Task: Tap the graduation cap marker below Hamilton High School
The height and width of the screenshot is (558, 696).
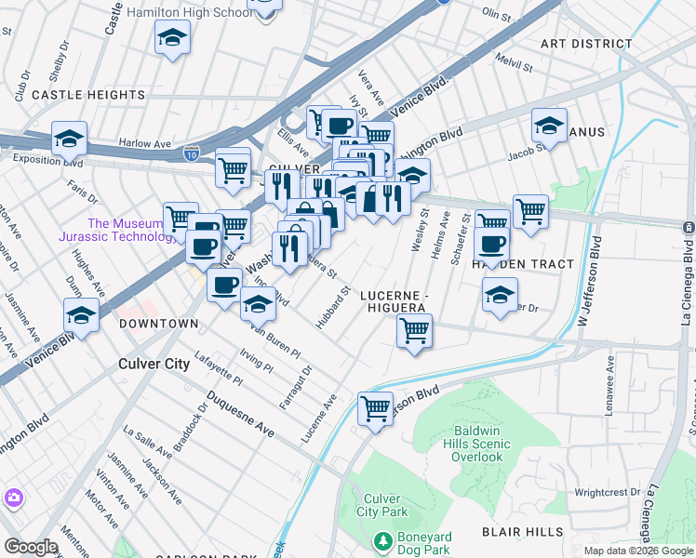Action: [x=172, y=39]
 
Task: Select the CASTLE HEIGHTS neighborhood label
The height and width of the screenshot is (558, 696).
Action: [x=88, y=95]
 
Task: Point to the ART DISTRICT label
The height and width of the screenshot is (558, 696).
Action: [x=586, y=44]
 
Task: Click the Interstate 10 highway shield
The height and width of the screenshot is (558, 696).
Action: [x=192, y=149]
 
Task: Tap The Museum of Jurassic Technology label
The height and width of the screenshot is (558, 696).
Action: [x=130, y=230]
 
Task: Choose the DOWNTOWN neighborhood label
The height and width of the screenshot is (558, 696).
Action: [x=159, y=323]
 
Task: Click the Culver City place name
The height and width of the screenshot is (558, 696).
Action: [x=154, y=364]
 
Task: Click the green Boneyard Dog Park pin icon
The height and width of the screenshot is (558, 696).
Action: [x=381, y=540]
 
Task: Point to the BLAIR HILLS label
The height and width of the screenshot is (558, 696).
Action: [x=522, y=532]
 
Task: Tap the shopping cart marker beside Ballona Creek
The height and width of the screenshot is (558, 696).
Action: [x=375, y=408]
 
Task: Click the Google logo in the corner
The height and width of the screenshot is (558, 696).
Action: [x=31, y=546]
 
